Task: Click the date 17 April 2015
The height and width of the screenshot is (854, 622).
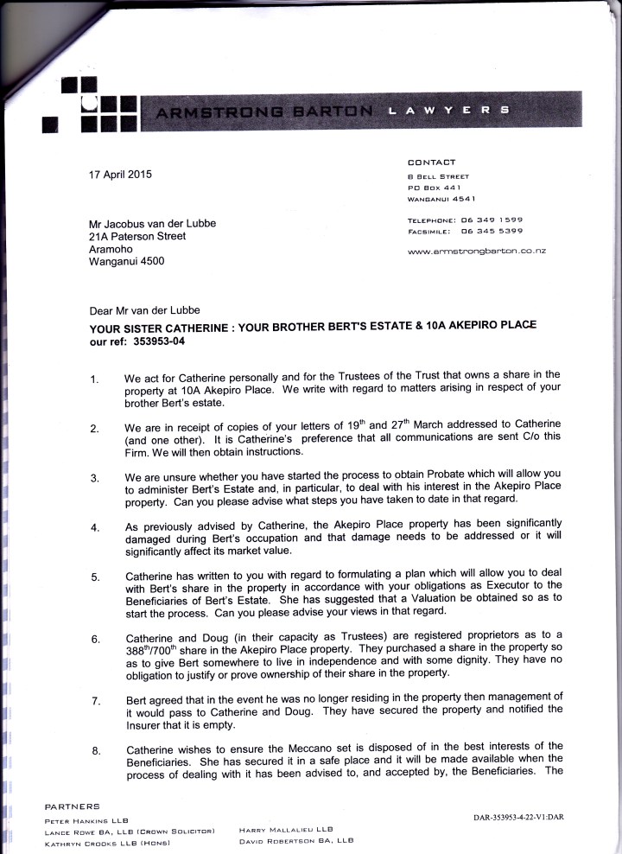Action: tap(120, 174)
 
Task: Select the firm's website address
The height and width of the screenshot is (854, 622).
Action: tap(482, 251)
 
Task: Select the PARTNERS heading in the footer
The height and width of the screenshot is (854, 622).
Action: tap(73, 806)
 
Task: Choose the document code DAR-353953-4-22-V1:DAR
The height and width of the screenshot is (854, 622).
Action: tap(518, 817)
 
